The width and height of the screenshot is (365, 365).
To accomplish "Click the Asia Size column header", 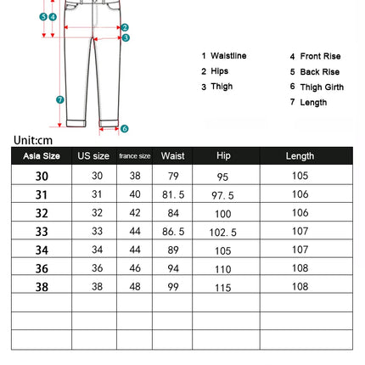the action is pyautogui.click(x=42, y=156).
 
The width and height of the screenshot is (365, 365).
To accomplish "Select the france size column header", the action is pyautogui.click(x=134, y=156).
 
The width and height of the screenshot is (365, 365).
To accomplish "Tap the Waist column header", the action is pyautogui.click(x=172, y=156).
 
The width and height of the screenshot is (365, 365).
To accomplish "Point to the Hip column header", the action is pyautogui.click(x=223, y=156).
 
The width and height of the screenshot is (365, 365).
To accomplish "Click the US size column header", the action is pyautogui.click(x=93, y=156).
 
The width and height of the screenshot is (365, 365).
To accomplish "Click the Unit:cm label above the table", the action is pyautogui.click(x=33, y=140).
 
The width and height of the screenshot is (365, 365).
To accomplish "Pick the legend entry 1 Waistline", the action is pyautogui.click(x=224, y=56).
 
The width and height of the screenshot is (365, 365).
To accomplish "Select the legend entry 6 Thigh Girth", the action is pyautogui.click(x=317, y=87).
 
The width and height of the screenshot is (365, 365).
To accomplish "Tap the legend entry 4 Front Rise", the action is pyautogui.click(x=315, y=56).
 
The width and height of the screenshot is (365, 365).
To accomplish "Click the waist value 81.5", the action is pyautogui.click(x=173, y=194).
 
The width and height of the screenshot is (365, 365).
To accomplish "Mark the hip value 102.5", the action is pyautogui.click(x=223, y=231).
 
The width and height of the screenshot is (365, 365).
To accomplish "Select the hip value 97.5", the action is pyautogui.click(x=223, y=194).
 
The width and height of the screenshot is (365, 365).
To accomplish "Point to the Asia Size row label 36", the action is pyautogui.click(x=42, y=268).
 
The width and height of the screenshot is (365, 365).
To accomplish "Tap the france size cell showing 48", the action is pyautogui.click(x=135, y=287).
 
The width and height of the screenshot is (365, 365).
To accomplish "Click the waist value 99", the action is pyautogui.click(x=173, y=287).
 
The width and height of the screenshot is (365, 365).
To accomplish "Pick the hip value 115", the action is pyautogui.click(x=223, y=287).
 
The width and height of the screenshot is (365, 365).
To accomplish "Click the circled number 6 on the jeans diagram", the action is pyautogui.click(x=124, y=128).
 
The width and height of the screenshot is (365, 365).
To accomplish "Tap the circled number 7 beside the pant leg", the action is pyautogui.click(x=60, y=99).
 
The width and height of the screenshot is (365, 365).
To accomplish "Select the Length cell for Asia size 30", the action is pyautogui.click(x=300, y=176).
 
